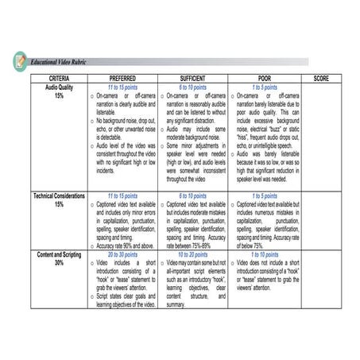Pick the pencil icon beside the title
pyautogui.click(x=20, y=60)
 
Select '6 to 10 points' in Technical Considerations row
pyautogui.click(x=194, y=195)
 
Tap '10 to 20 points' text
pyautogui.click(x=194, y=254)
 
